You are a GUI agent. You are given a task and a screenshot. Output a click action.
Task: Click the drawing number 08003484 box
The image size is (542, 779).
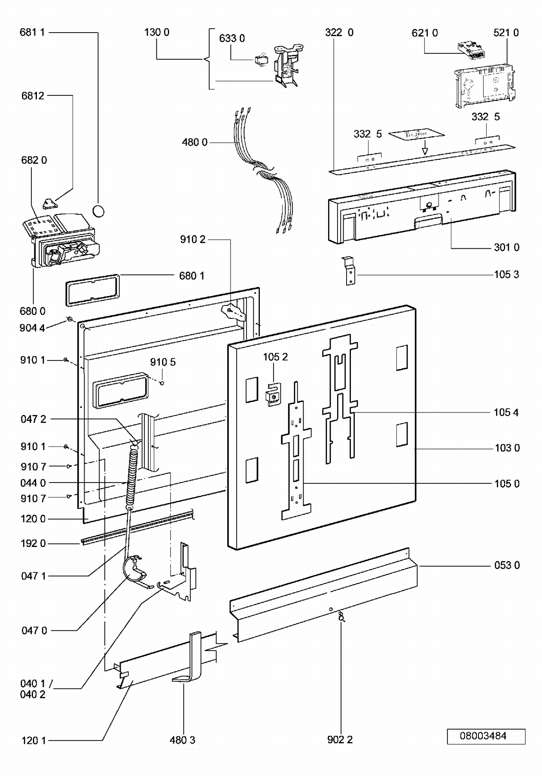[x=486, y=736]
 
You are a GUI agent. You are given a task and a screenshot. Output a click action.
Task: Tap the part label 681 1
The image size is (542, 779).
[x=32, y=32]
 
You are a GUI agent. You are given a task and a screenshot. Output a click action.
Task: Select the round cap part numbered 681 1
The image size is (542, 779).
[x=98, y=210]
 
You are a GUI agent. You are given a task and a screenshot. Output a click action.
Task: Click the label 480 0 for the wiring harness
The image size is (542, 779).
[x=195, y=142]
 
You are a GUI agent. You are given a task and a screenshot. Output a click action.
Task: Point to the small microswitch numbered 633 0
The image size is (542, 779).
[x=261, y=60]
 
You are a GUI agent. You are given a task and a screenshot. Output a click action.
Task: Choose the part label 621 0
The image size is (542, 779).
[x=425, y=33]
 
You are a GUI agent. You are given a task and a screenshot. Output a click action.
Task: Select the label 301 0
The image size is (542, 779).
[x=507, y=247]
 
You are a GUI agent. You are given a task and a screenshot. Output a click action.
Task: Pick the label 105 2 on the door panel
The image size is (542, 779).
[x=275, y=357]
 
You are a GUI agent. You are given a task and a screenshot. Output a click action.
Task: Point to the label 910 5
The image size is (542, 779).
[x=163, y=362]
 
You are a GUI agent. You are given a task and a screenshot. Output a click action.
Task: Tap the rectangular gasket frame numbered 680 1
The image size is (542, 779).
[x=93, y=290]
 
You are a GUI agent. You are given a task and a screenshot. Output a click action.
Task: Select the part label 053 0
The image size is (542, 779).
[x=507, y=565]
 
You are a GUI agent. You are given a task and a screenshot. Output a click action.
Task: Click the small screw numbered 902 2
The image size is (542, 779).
[x=341, y=617]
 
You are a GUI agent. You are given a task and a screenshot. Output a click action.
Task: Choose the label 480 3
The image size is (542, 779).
[x=182, y=740]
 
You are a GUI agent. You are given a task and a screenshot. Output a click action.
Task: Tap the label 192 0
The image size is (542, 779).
[x=33, y=543]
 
